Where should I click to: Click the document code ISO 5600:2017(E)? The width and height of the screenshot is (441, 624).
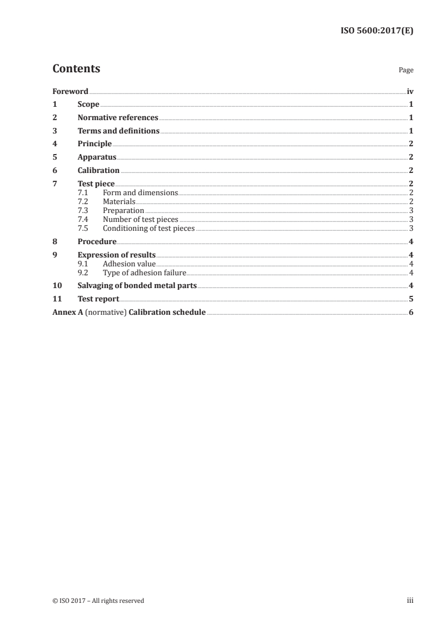click(x=376, y=32)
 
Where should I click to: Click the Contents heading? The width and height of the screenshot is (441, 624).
click(x=76, y=69)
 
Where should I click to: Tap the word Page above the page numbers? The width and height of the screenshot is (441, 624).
click(x=405, y=71)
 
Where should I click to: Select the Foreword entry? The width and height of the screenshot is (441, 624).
click(x=70, y=91)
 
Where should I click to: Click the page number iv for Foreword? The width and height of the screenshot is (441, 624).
click(x=410, y=91)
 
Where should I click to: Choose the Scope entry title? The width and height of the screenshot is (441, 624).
click(x=88, y=105)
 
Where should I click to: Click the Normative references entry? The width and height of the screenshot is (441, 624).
click(x=118, y=118)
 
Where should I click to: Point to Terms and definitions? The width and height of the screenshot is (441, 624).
click(x=118, y=131)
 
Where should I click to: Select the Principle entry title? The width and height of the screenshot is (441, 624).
click(x=95, y=144)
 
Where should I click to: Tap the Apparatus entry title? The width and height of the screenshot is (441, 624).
click(x=97, y=157)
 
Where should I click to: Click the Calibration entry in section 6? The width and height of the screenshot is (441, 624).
click(x=98, y=171)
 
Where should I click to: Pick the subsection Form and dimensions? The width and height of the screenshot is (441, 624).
click(x=140, y=193)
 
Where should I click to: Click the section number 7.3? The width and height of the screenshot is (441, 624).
click(x=83, y=211)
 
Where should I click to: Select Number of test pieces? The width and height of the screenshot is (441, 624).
click(x=140, y=220)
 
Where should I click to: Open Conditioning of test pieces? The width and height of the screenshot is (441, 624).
click(x=148, y=229)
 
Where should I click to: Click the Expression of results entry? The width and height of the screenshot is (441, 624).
click(x=117, y=255)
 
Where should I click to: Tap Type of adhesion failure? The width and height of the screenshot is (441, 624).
click(x=144, y=273)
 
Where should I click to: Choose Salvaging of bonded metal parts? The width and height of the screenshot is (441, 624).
click(x=137, y=286)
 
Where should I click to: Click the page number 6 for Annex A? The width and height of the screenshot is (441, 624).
click(x=411, y=313)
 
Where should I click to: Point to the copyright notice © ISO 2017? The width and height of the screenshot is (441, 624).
click(x=98, y=601)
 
